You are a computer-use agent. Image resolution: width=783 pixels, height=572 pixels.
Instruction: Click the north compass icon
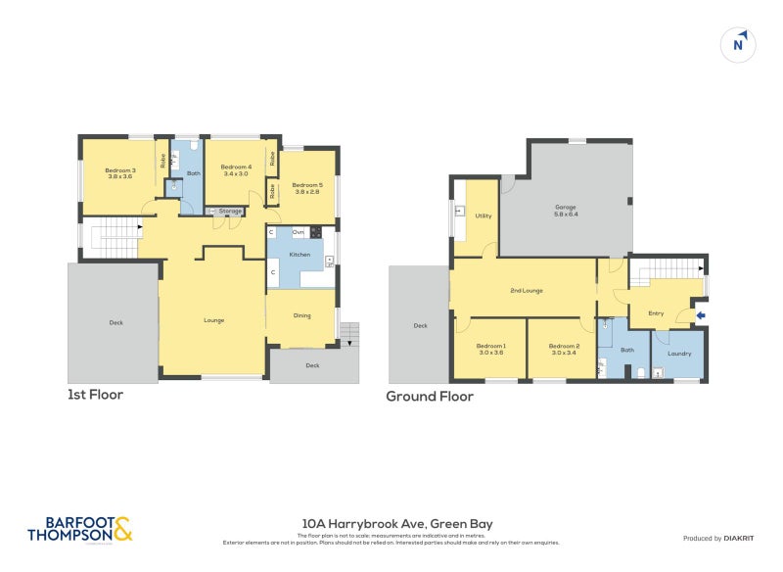[740, 44]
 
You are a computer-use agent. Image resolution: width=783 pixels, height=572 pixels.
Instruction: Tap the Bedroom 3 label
[120, 174]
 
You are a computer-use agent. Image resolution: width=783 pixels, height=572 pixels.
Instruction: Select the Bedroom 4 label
[236, 170]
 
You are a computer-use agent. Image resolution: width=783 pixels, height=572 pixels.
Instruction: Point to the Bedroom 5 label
[306, 188]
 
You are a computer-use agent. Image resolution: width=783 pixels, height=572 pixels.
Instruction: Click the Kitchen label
[299, 255]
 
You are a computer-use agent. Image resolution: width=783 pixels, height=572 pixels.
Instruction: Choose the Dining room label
[302, 315]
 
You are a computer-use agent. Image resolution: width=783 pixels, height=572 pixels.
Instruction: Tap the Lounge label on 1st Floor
[213, 320]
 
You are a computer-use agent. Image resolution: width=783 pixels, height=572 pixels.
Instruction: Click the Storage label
[230, 211]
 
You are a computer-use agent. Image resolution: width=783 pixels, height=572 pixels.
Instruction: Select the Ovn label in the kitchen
[298, 231]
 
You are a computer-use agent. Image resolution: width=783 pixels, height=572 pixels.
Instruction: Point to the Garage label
[565, 210]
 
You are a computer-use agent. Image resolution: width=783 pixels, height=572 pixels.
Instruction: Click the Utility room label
[483, 215]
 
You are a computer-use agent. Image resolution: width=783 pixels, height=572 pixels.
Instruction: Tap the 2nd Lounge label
[527, 291]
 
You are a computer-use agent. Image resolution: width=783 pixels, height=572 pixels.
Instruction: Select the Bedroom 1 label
[490, 349]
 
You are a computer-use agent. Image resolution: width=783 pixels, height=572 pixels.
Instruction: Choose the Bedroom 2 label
[564, 349]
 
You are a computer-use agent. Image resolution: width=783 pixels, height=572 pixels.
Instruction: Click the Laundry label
[679, 354]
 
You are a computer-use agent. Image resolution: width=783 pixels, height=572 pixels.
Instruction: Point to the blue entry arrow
[701, 314]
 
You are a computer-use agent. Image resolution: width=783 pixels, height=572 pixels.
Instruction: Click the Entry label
[656, 313]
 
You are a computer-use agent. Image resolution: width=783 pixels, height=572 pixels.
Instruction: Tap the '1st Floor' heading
[95, 395]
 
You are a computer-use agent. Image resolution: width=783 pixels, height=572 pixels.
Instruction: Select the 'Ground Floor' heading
[430, 397]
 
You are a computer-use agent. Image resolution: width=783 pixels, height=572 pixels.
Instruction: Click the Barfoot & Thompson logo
[79, 530]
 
